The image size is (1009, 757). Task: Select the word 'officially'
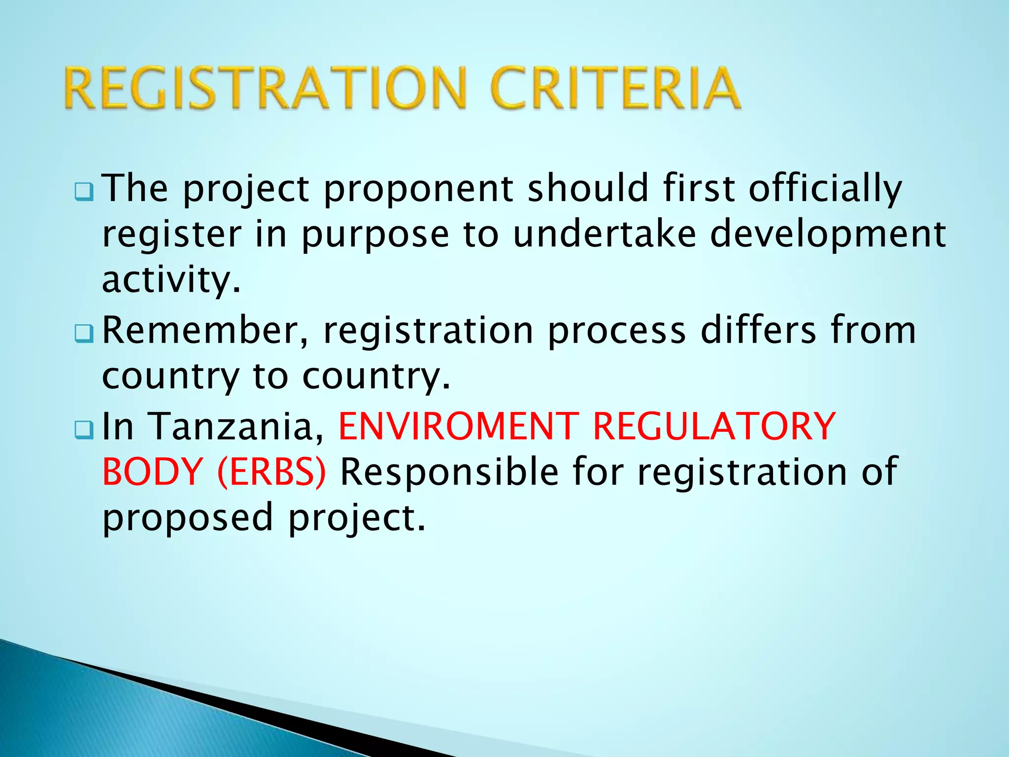click(825, 190)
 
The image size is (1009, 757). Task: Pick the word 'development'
click(828, 236)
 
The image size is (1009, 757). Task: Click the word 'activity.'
click(171, 280)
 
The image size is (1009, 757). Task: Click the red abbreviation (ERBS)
click(271, 472)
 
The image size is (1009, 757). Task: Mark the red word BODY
click(153, 472)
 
